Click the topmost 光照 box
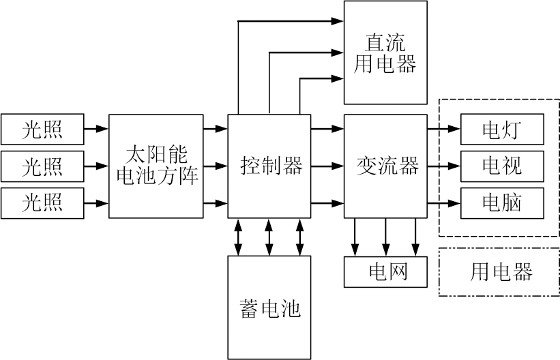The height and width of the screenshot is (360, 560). [42, 128]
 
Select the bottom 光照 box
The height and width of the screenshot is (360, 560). [42, 203]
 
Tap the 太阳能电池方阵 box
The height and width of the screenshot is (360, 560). [156, 166]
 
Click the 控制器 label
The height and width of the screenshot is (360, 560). [269, 166]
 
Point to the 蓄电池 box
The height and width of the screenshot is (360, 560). [269, 307]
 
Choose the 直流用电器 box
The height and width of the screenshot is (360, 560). [385, 52]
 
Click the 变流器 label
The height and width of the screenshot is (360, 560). [385, 166]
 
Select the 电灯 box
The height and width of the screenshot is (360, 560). [502, 129]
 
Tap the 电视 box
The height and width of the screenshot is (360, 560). [502, 166]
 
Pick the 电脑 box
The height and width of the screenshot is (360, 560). [502, 203]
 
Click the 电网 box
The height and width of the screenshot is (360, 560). [385, 272]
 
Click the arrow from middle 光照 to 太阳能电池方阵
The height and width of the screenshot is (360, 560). [96, 166]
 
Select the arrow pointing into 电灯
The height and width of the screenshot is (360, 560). [444, 128]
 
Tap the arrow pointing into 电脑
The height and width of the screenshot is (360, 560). [444, 203]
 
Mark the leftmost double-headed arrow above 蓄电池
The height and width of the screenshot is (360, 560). [237, 237]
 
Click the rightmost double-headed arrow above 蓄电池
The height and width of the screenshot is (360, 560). [300, 237]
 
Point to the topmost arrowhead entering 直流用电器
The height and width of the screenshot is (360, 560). [338, 22]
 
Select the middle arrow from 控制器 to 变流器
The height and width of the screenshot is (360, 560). [327, 166]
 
